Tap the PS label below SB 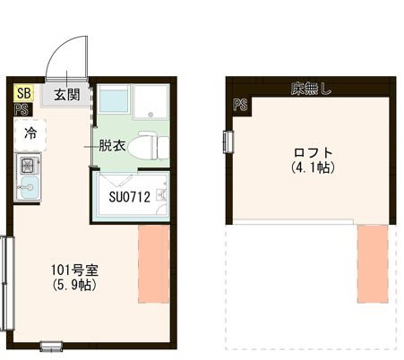pos(21,110)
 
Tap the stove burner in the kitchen pos(28,165)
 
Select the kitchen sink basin pos(28,190)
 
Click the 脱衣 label pos(112,144)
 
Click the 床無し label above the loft pos(310,89)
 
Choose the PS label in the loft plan pos(241,105)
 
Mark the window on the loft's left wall pos(228,142)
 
